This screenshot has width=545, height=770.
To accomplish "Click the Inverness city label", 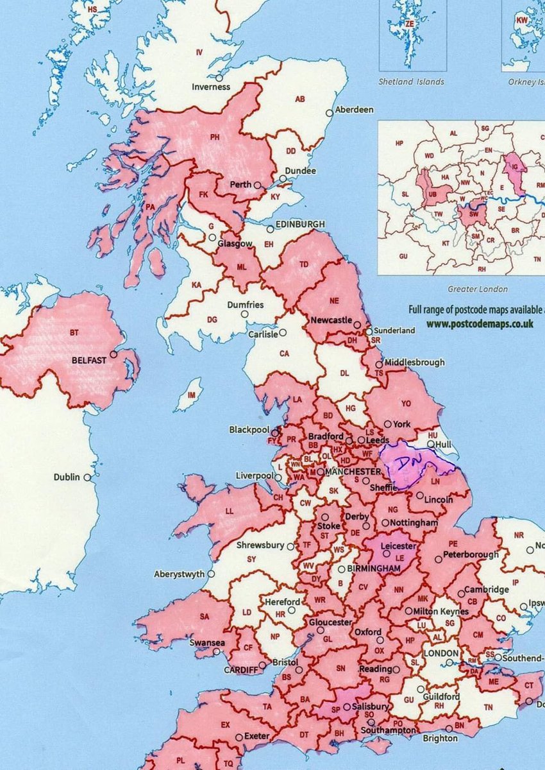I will [210, 87].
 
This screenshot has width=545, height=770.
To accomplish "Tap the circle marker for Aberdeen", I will [330, 112].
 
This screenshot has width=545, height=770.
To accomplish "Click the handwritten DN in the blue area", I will [404, 463].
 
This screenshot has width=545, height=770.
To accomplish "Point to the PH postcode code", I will [215, 137].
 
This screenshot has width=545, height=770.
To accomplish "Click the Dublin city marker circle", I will [87, 477].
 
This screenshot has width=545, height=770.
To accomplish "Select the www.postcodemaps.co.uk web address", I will [480, 323].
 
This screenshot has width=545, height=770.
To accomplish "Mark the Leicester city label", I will [398, 547].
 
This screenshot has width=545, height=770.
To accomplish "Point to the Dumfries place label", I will [247, 305].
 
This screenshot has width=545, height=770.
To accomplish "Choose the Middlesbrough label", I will [414, 362].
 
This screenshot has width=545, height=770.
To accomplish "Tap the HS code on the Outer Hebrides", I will [92, 10].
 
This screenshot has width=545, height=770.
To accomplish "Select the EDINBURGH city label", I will [300, 224].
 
